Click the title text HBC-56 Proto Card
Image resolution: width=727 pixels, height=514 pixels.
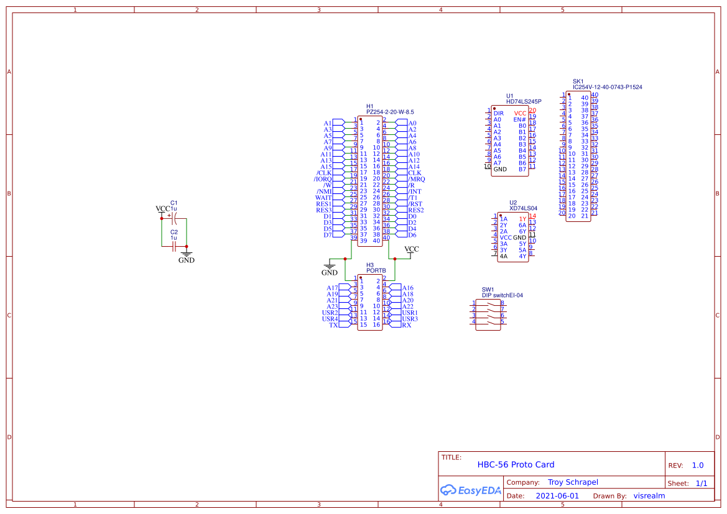516,464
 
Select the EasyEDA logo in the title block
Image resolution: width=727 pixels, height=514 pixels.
471,490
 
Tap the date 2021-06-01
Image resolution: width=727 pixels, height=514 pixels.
557,496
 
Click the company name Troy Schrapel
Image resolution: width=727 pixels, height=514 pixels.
573,482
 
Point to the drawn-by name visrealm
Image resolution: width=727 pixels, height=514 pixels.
649,496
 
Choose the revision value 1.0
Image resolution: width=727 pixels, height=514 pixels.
698,465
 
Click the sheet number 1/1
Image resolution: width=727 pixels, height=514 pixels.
701,483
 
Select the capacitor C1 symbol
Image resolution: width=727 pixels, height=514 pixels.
174,219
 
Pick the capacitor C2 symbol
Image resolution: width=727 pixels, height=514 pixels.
174,246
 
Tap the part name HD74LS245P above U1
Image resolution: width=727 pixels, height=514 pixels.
524,101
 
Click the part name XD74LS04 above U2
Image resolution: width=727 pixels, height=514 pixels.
523,208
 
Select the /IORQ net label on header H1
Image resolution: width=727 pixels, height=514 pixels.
323,179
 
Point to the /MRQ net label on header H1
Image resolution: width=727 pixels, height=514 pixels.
416,179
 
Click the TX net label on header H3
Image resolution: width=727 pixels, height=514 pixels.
333,325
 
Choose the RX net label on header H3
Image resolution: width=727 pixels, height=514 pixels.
407,325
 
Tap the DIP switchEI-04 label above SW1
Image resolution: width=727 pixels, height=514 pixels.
502,295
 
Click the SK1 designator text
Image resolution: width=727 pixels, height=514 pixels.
578,81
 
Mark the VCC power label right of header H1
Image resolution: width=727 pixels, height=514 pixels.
412,249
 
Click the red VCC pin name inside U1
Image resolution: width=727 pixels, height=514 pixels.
520,113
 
